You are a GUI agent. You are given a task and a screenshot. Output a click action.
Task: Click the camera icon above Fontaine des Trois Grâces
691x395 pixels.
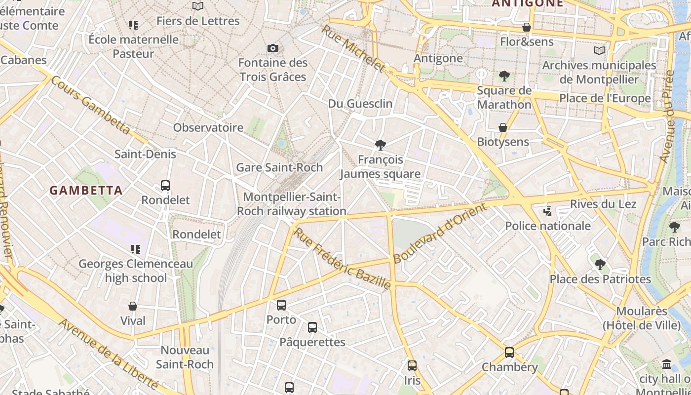point(272,48)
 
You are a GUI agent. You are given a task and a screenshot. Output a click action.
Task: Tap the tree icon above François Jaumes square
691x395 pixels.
point(380,145)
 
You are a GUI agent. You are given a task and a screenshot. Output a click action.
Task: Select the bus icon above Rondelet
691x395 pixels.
point(165,186)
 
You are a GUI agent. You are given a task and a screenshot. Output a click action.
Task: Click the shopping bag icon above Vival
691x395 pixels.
point(133,306)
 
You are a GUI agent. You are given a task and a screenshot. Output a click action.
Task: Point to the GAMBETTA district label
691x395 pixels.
point(86,191)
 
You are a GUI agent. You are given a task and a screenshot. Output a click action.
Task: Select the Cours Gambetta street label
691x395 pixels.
point(90,105)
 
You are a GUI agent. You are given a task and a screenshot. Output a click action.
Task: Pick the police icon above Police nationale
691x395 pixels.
point(547,211)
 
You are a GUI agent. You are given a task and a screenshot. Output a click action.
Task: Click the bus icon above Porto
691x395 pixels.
point(281,305)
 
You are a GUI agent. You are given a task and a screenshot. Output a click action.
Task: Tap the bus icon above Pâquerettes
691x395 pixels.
point(312,327)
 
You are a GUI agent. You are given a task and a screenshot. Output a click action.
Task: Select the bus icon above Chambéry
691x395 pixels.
point(509,353)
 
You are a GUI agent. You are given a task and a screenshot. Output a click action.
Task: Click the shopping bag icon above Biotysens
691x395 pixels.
point(503,127)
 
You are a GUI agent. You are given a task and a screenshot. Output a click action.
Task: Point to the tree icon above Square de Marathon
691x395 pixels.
point(504,76)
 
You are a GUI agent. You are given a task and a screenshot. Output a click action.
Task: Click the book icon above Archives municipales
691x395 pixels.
point(599,51)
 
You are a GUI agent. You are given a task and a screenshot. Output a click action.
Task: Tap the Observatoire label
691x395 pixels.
point(208,127)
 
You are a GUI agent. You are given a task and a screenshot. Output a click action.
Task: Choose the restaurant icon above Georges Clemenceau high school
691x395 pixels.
point(135,249)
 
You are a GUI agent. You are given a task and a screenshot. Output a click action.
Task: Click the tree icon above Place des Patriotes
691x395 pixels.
point(600,265)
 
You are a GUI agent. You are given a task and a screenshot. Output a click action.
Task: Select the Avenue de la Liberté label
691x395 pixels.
point(109,354)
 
